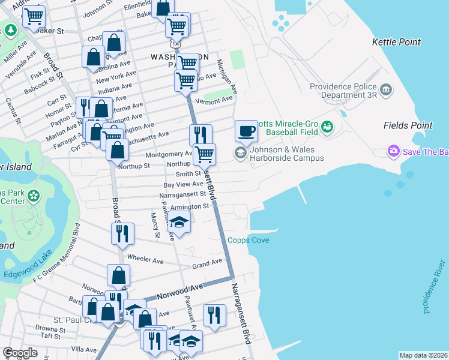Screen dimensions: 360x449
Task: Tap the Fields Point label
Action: pos(408,125)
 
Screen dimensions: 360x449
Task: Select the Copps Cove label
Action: pos(248,241)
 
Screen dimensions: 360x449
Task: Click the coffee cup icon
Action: pos(246,130)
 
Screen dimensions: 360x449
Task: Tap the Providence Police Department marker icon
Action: pos(386,91)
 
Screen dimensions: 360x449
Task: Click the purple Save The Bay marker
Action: pos(394,151)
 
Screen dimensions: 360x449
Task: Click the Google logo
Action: pos(20,353)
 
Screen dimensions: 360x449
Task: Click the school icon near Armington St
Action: pos(178,222)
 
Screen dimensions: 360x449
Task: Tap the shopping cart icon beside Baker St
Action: pos(34,17)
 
